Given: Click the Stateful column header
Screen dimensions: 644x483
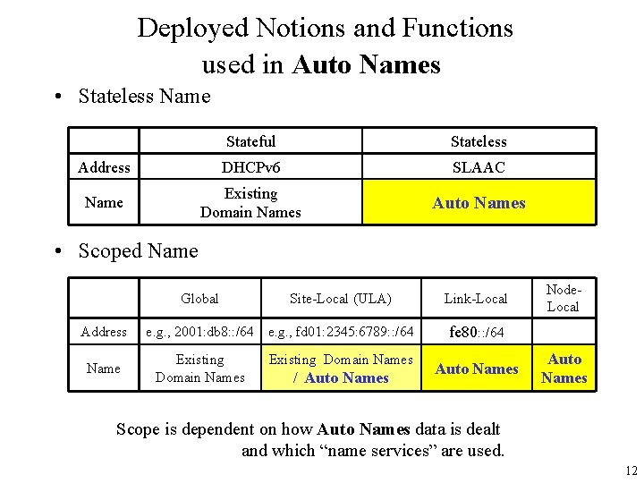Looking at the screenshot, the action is [250, 140].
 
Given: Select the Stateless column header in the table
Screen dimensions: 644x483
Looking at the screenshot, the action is [479, 140].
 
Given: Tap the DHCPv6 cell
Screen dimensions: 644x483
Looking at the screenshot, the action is [250, 167].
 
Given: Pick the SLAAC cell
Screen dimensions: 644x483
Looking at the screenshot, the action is [479, 167].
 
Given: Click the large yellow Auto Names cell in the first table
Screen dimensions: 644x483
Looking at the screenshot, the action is [479, 202].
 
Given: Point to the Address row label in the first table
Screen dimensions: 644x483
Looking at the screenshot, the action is [104, 167].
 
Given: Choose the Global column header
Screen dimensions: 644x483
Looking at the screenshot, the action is [199, 298].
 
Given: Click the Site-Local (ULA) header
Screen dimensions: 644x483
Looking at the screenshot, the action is [341, 298].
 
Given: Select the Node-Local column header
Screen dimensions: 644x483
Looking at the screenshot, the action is [563, 298].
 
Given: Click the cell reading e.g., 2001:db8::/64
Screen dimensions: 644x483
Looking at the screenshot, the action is [199, 332].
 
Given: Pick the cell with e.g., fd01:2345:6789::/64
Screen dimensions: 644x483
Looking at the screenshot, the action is [341, 332].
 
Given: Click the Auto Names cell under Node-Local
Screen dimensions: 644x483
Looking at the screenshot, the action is [564, 369].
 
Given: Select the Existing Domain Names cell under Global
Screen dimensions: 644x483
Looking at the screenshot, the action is [199, 369].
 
